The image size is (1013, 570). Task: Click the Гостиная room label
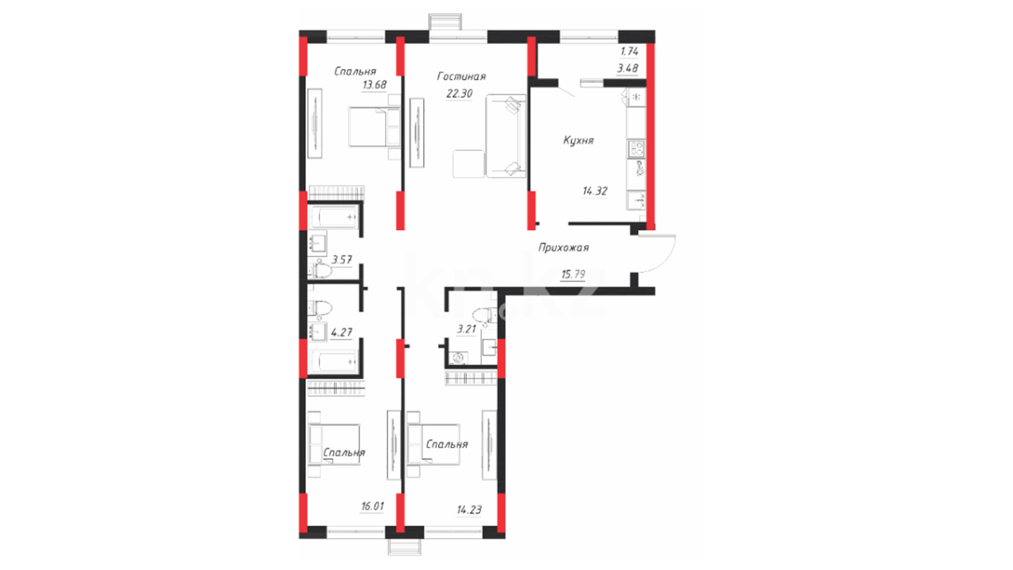click(x=461, y=77)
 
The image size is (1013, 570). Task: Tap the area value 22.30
click(x=460, y=93)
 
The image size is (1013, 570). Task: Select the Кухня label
click(x=578, y=140)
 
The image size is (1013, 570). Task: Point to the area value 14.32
click(x=595, y=191)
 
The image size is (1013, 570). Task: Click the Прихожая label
click(x=563, y=248)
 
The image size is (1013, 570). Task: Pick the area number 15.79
click(x=573, y=274)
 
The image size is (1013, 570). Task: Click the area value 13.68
click(x=374, y=85)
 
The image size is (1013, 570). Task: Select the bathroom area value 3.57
click(x=341, y=260)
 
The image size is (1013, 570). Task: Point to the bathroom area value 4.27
click(x=341, y=332)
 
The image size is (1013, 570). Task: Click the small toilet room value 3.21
click(x=466, y=329)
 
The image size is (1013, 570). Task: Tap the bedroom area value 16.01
click(x=372, y=506)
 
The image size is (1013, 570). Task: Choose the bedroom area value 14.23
click(x=469, y=510)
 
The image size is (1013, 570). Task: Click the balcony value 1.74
click(x=629, y=52)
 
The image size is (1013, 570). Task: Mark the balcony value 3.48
click(x=628, y=68)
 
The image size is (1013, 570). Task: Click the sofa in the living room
click(x=506, y=136)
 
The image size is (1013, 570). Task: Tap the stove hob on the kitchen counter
click(x=636, y=148)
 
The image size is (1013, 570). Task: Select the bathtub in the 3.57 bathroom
click(x=334, y=217)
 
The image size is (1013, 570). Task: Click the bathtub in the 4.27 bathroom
click(x=334, y=362)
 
